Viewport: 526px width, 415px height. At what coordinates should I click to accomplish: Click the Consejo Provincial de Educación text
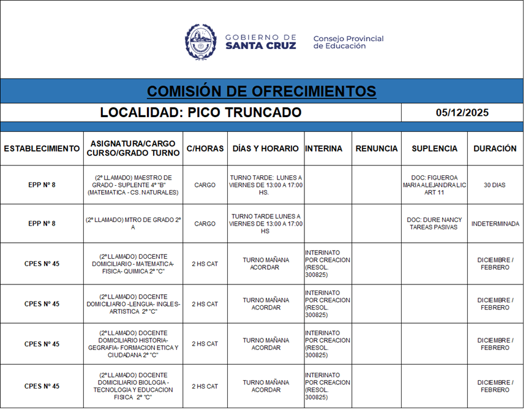pos(348,42)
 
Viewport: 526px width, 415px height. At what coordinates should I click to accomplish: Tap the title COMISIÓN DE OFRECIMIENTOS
pos(261,91)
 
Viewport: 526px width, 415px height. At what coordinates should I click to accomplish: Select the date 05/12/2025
pos(462,113)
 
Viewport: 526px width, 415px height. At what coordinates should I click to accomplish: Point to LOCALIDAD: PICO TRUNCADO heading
pos(201,113)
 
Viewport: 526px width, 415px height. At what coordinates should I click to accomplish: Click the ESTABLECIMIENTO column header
pos(42,148)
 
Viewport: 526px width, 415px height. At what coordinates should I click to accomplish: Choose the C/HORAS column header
pos(205,148)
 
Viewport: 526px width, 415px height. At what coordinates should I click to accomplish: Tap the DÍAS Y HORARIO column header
pos(266,148)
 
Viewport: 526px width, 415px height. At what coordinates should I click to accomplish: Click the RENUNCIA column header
pos(376,148)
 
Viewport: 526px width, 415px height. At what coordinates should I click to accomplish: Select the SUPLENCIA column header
pos(435,148)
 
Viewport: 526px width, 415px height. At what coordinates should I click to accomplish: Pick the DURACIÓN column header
pos(495,148)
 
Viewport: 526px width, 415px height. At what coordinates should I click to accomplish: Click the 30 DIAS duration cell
pos(495,185)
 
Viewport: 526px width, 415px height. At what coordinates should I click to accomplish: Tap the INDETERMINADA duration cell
pos(495,224)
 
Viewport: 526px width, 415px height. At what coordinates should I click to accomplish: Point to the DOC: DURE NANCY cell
pos(435,224)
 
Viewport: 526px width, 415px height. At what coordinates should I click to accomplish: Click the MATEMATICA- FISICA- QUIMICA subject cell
pos(133,264)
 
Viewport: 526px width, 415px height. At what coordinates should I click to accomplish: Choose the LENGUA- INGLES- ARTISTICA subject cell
pos(133,304)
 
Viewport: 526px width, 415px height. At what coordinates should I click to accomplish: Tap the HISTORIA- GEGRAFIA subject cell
pos(133,344)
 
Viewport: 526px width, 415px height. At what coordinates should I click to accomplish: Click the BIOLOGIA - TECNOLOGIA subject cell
pos(133,386)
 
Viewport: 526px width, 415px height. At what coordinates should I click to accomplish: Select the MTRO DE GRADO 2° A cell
pos(133,223)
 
